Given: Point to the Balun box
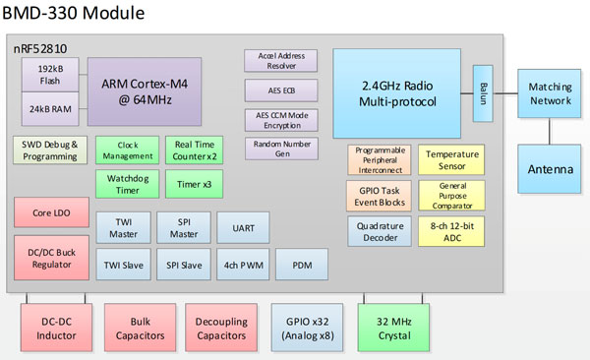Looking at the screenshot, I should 482,93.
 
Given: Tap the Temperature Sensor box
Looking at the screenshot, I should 451,160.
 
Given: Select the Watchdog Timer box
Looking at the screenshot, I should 124,183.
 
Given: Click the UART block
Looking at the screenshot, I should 243,227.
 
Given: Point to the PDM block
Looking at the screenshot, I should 302,264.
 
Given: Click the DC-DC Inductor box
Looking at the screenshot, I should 56,327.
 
